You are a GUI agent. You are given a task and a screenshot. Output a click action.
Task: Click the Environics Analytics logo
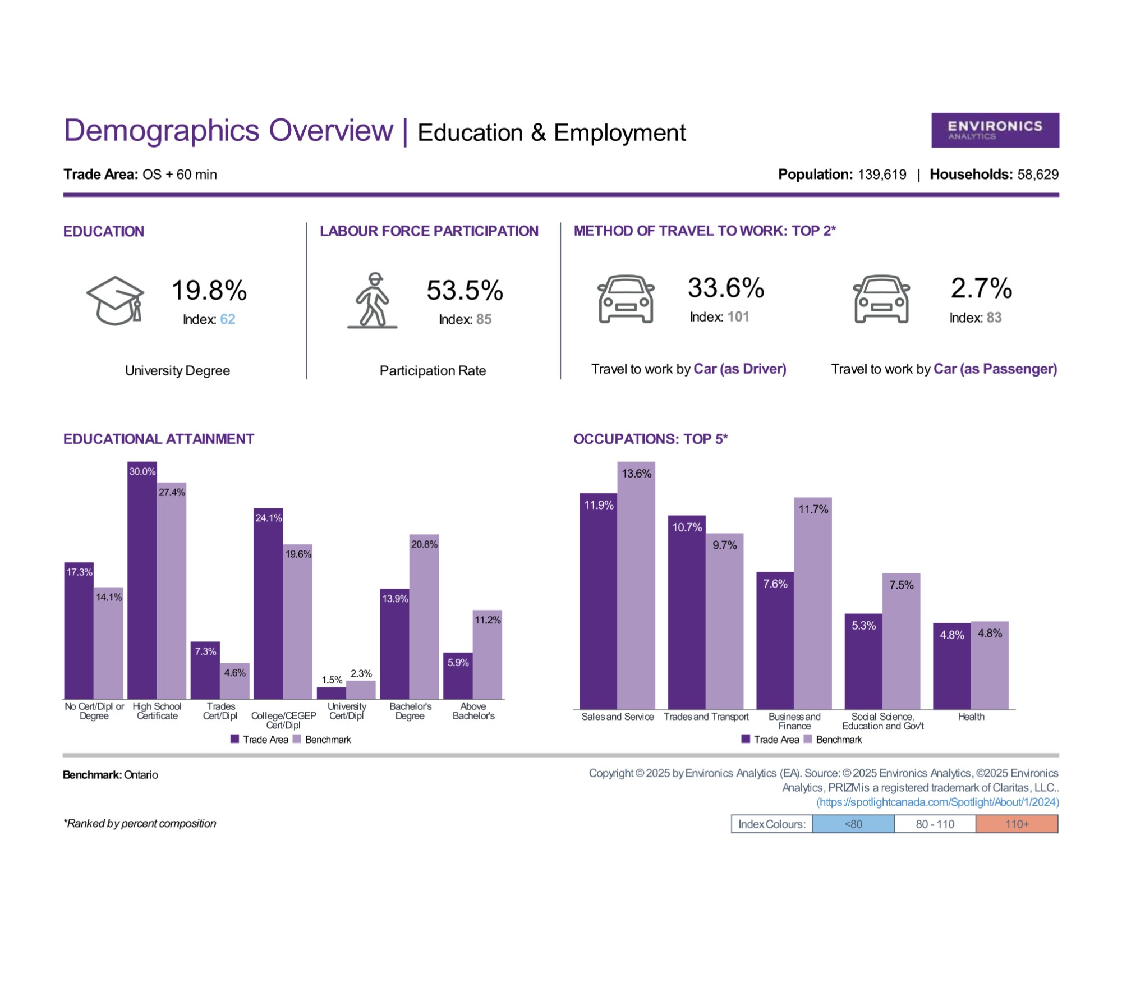995,130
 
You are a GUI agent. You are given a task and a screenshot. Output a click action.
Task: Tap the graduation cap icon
115,300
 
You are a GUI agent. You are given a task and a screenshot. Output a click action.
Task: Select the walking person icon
373,300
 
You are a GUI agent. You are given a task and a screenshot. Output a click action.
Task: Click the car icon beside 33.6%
626,299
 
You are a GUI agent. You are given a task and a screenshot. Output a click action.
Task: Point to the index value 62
228,319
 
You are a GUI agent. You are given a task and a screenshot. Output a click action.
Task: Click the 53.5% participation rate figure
465,290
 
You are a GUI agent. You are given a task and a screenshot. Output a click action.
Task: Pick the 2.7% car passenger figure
981,288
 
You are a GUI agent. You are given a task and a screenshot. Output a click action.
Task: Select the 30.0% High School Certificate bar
142,580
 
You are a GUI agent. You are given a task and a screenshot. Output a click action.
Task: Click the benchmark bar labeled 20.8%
424,617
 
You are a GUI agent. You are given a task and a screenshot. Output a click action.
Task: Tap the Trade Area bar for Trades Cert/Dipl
205,670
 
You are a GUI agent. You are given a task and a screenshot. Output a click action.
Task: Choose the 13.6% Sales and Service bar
636,585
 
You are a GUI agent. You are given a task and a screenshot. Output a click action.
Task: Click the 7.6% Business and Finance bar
775,640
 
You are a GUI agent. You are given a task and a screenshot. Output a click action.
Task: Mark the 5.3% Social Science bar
863,662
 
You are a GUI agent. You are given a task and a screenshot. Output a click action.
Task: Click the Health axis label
971,717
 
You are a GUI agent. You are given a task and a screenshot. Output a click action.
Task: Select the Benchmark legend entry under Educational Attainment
322,740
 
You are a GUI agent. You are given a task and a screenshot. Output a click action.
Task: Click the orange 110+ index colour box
1017,824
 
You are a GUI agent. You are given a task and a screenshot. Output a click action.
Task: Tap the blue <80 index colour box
853,824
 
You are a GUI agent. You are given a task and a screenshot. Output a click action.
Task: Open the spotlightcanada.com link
937,802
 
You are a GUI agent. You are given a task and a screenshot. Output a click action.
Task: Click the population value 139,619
882,175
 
